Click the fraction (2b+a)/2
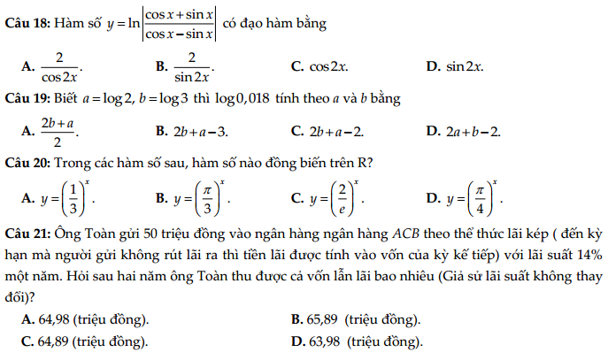tap(58, 131)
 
